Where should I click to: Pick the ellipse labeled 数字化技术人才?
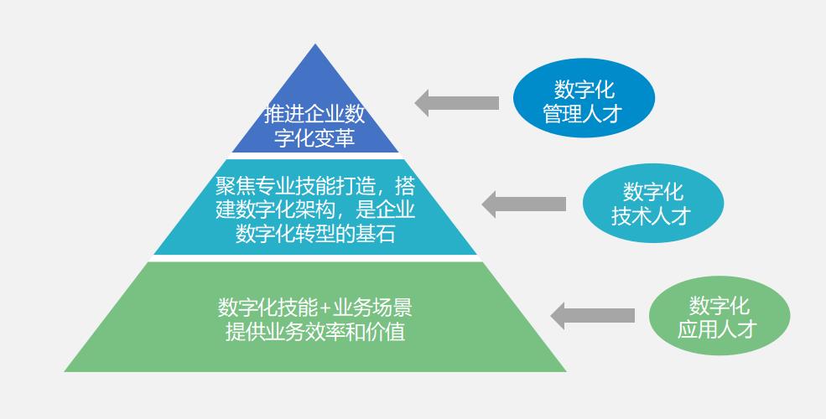(652, 204)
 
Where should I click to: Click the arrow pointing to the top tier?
(457, 103)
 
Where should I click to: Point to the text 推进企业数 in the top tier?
(314, 115)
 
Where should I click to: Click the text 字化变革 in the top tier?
(314, 137)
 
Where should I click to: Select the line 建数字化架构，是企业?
(314, 209)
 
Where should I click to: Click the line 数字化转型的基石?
(314, 234)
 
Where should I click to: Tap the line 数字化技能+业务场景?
(314, 308)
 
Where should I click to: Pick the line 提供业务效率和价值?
(314, 331)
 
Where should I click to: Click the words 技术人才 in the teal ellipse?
(651, 215)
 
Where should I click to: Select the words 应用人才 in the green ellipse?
(718, 328)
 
